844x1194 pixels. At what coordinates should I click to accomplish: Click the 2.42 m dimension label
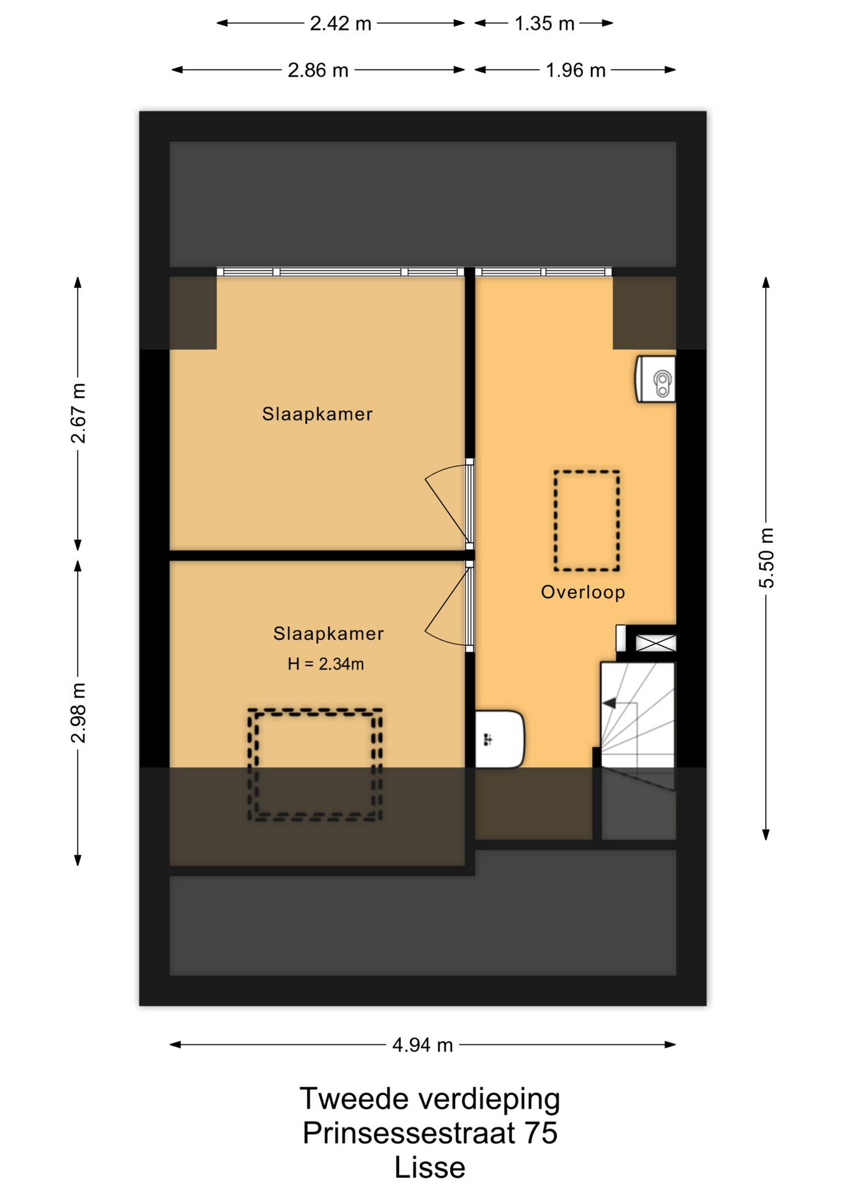coord(340,24)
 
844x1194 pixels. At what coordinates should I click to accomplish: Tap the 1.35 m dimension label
coord(544,24)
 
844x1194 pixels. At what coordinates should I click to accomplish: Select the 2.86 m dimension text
coord(318,70)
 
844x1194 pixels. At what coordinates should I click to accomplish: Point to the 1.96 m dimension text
coord(575,70)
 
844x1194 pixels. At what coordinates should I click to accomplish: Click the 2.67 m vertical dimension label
coord(78,413)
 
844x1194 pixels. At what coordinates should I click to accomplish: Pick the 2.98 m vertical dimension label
coord(78,713)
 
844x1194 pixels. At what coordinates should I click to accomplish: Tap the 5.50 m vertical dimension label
coord(766,558)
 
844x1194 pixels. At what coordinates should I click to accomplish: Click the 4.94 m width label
coord(423,1045)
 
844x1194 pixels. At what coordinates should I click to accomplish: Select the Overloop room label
coord(583,592)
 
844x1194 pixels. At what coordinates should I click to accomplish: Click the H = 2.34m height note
coord(326,664)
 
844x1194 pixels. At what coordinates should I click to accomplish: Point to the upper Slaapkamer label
coord(317,414)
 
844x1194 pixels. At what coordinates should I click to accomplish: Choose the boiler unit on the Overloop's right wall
coord(655,379)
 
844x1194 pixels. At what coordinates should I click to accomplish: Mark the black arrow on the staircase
coord(609,703)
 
